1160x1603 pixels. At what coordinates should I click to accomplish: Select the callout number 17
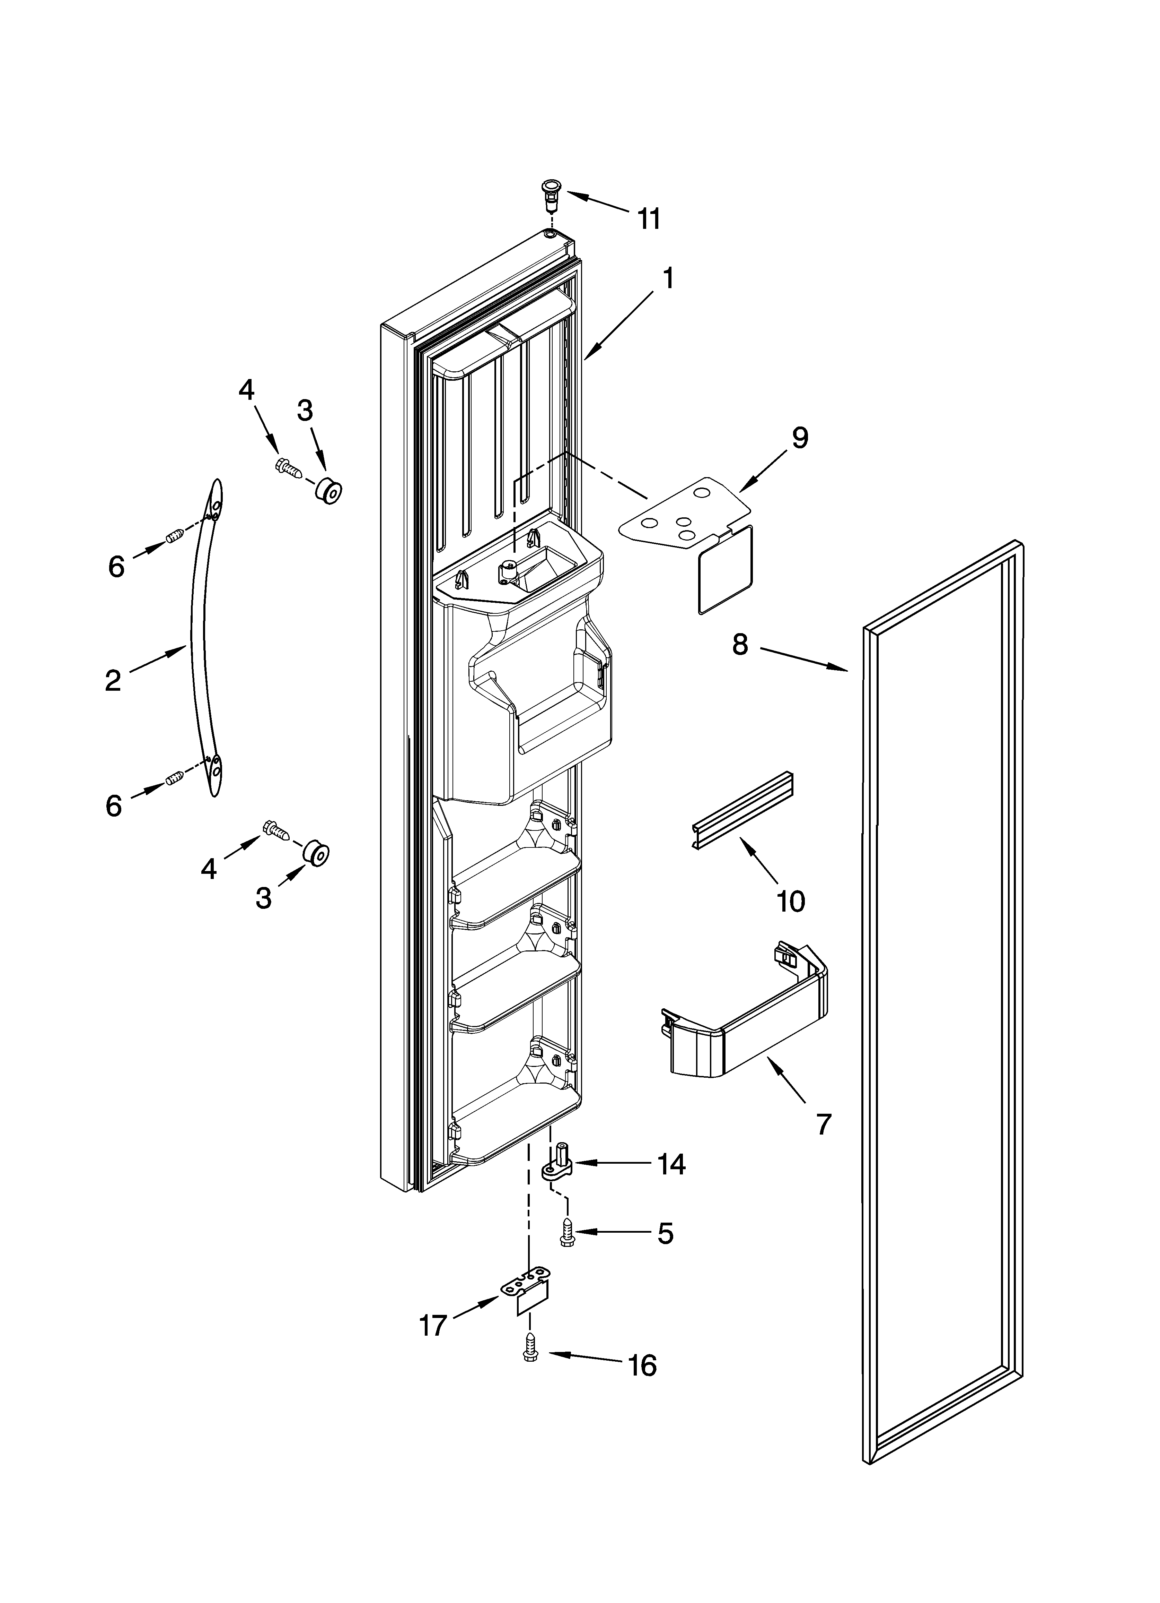[x=434, y=1325]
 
